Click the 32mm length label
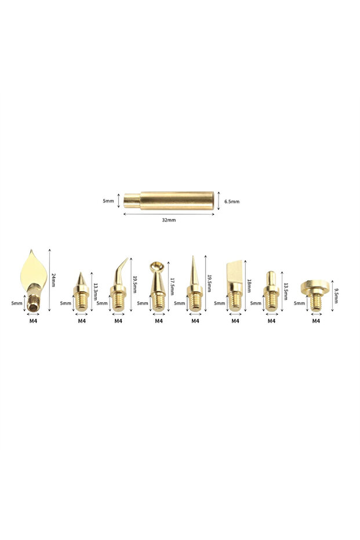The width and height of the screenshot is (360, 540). pos(169,220)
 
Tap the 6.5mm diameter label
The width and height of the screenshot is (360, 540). pos(231,201)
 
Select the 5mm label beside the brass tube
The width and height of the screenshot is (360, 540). pos(108,201)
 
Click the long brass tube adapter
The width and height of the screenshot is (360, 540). pos(169,201)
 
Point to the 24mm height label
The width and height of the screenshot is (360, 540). pos(54,281)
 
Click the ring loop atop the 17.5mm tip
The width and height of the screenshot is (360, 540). pos(157,266)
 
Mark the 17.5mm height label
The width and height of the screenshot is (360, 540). pos(172,287)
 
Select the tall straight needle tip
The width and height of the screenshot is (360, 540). pos(194,284)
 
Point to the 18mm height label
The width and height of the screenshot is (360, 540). pos(249,285)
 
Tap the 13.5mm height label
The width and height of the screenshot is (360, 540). pos(285,291)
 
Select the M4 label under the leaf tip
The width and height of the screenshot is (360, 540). pos(32,320)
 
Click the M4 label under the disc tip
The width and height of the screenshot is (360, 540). pos(317,320)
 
